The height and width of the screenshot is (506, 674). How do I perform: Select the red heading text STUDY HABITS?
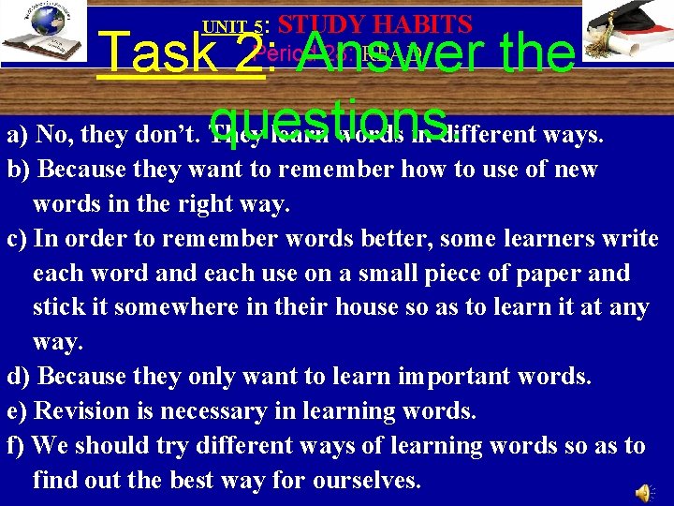click(374, 23)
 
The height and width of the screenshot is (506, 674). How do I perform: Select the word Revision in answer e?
click(89, 410)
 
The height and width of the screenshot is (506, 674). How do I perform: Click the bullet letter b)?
click(20, 170)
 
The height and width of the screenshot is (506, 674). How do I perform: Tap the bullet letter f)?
click(18, 446)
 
